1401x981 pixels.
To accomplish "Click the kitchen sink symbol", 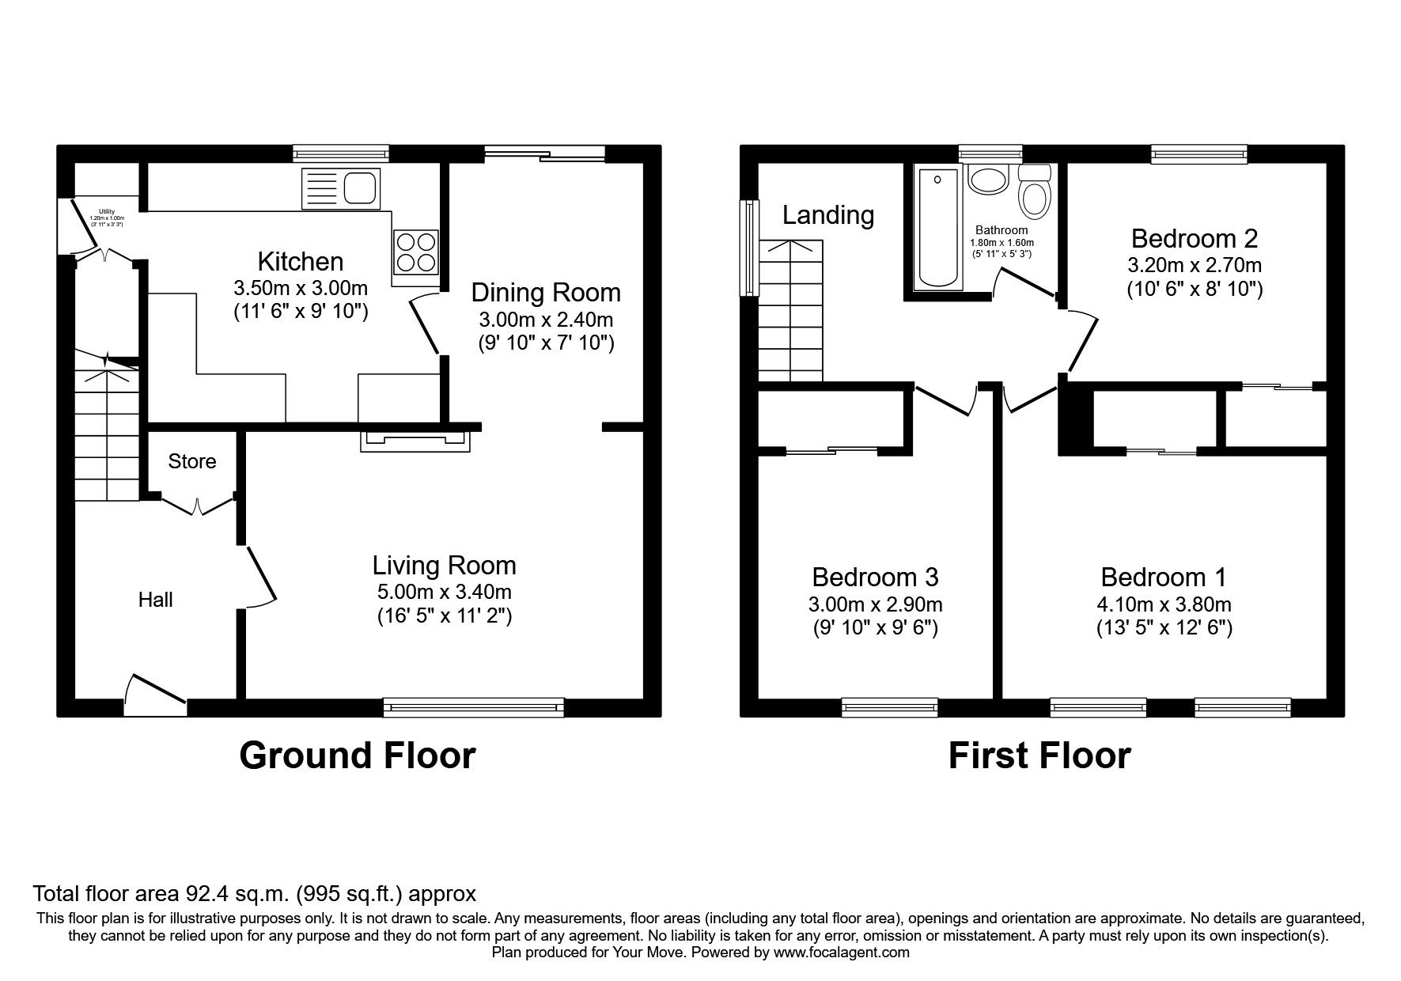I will tap(341, 189).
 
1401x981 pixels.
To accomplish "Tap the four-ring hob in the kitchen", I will tap(415, 252).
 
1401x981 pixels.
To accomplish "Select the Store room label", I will tap(192, 461).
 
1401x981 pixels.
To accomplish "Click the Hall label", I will tap(156, 600).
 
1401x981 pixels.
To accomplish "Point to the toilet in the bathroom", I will tap(1034, 192).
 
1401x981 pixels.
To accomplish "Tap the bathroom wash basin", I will tap(987, 180).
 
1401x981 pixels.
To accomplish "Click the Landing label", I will tap(828, 215).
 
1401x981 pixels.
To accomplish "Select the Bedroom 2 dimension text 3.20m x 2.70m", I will tap(1195, 265).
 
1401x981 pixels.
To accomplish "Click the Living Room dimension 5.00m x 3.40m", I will tap(444, 592).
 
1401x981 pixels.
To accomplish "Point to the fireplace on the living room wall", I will tap(415, 441).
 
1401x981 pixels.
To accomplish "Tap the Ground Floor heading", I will tap(357, 756).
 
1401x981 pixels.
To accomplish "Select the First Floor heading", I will tap(1039, 756).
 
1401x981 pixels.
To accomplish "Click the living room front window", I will tap(473, 707).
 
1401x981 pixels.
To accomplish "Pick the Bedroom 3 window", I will tap(889, 707).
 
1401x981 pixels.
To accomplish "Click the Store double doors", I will tap(197, 504).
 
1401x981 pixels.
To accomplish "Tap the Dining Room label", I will tap(546, 293).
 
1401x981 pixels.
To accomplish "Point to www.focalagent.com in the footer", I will tap(841, 953).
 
